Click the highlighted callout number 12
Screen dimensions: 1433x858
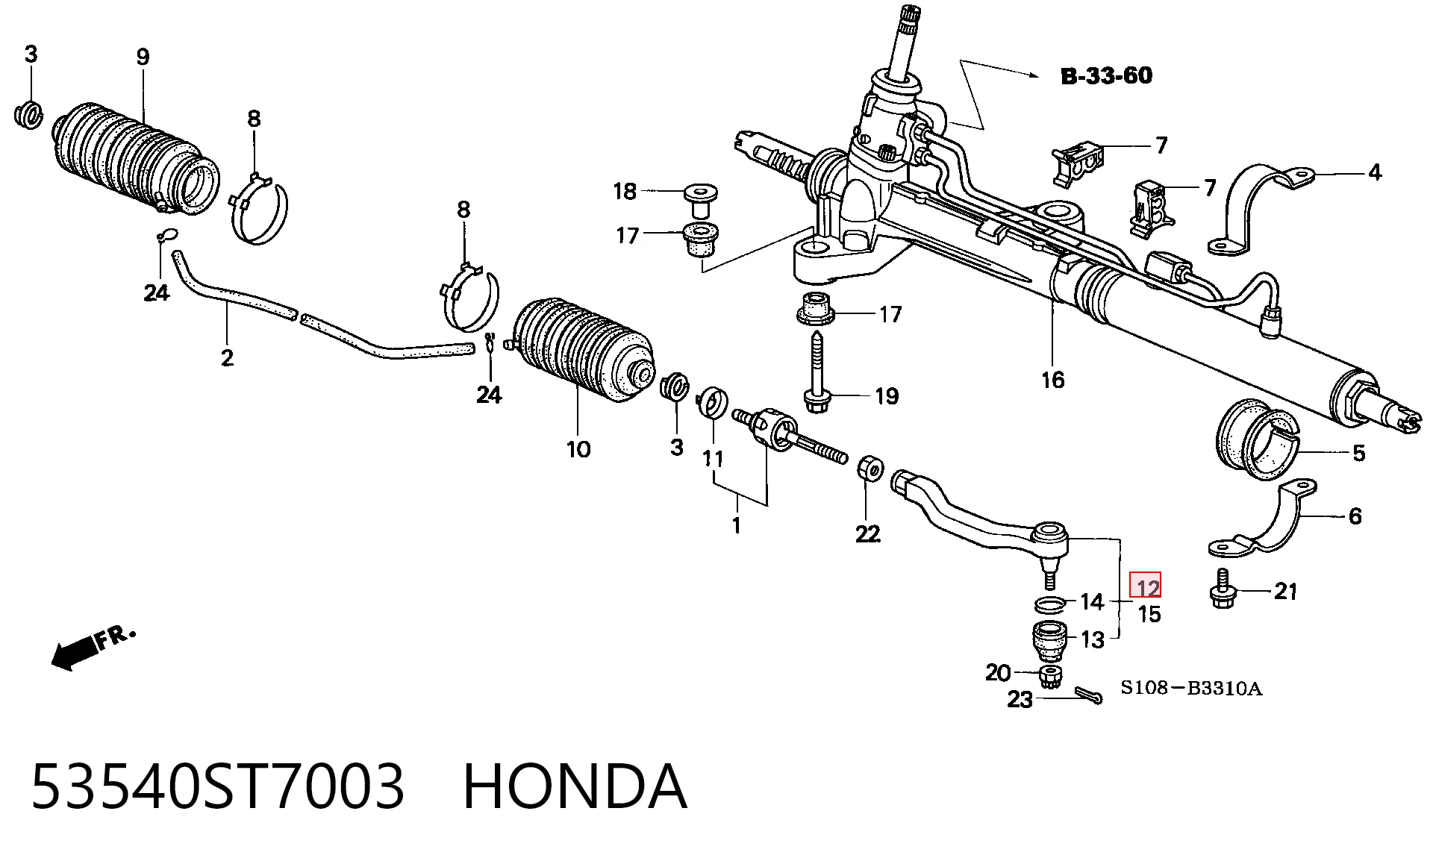[1147, 586]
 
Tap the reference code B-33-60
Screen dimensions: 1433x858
[1106, 75]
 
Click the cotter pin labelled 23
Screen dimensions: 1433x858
[1088, 696]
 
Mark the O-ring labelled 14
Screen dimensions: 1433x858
[1049, 602]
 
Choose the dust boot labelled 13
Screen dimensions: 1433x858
[1049, 640]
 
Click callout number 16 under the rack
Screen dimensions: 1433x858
[1052, 380]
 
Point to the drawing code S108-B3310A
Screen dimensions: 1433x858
[1191, 688]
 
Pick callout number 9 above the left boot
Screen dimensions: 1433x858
[143, 57]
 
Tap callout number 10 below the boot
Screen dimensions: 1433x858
[578, 449]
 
